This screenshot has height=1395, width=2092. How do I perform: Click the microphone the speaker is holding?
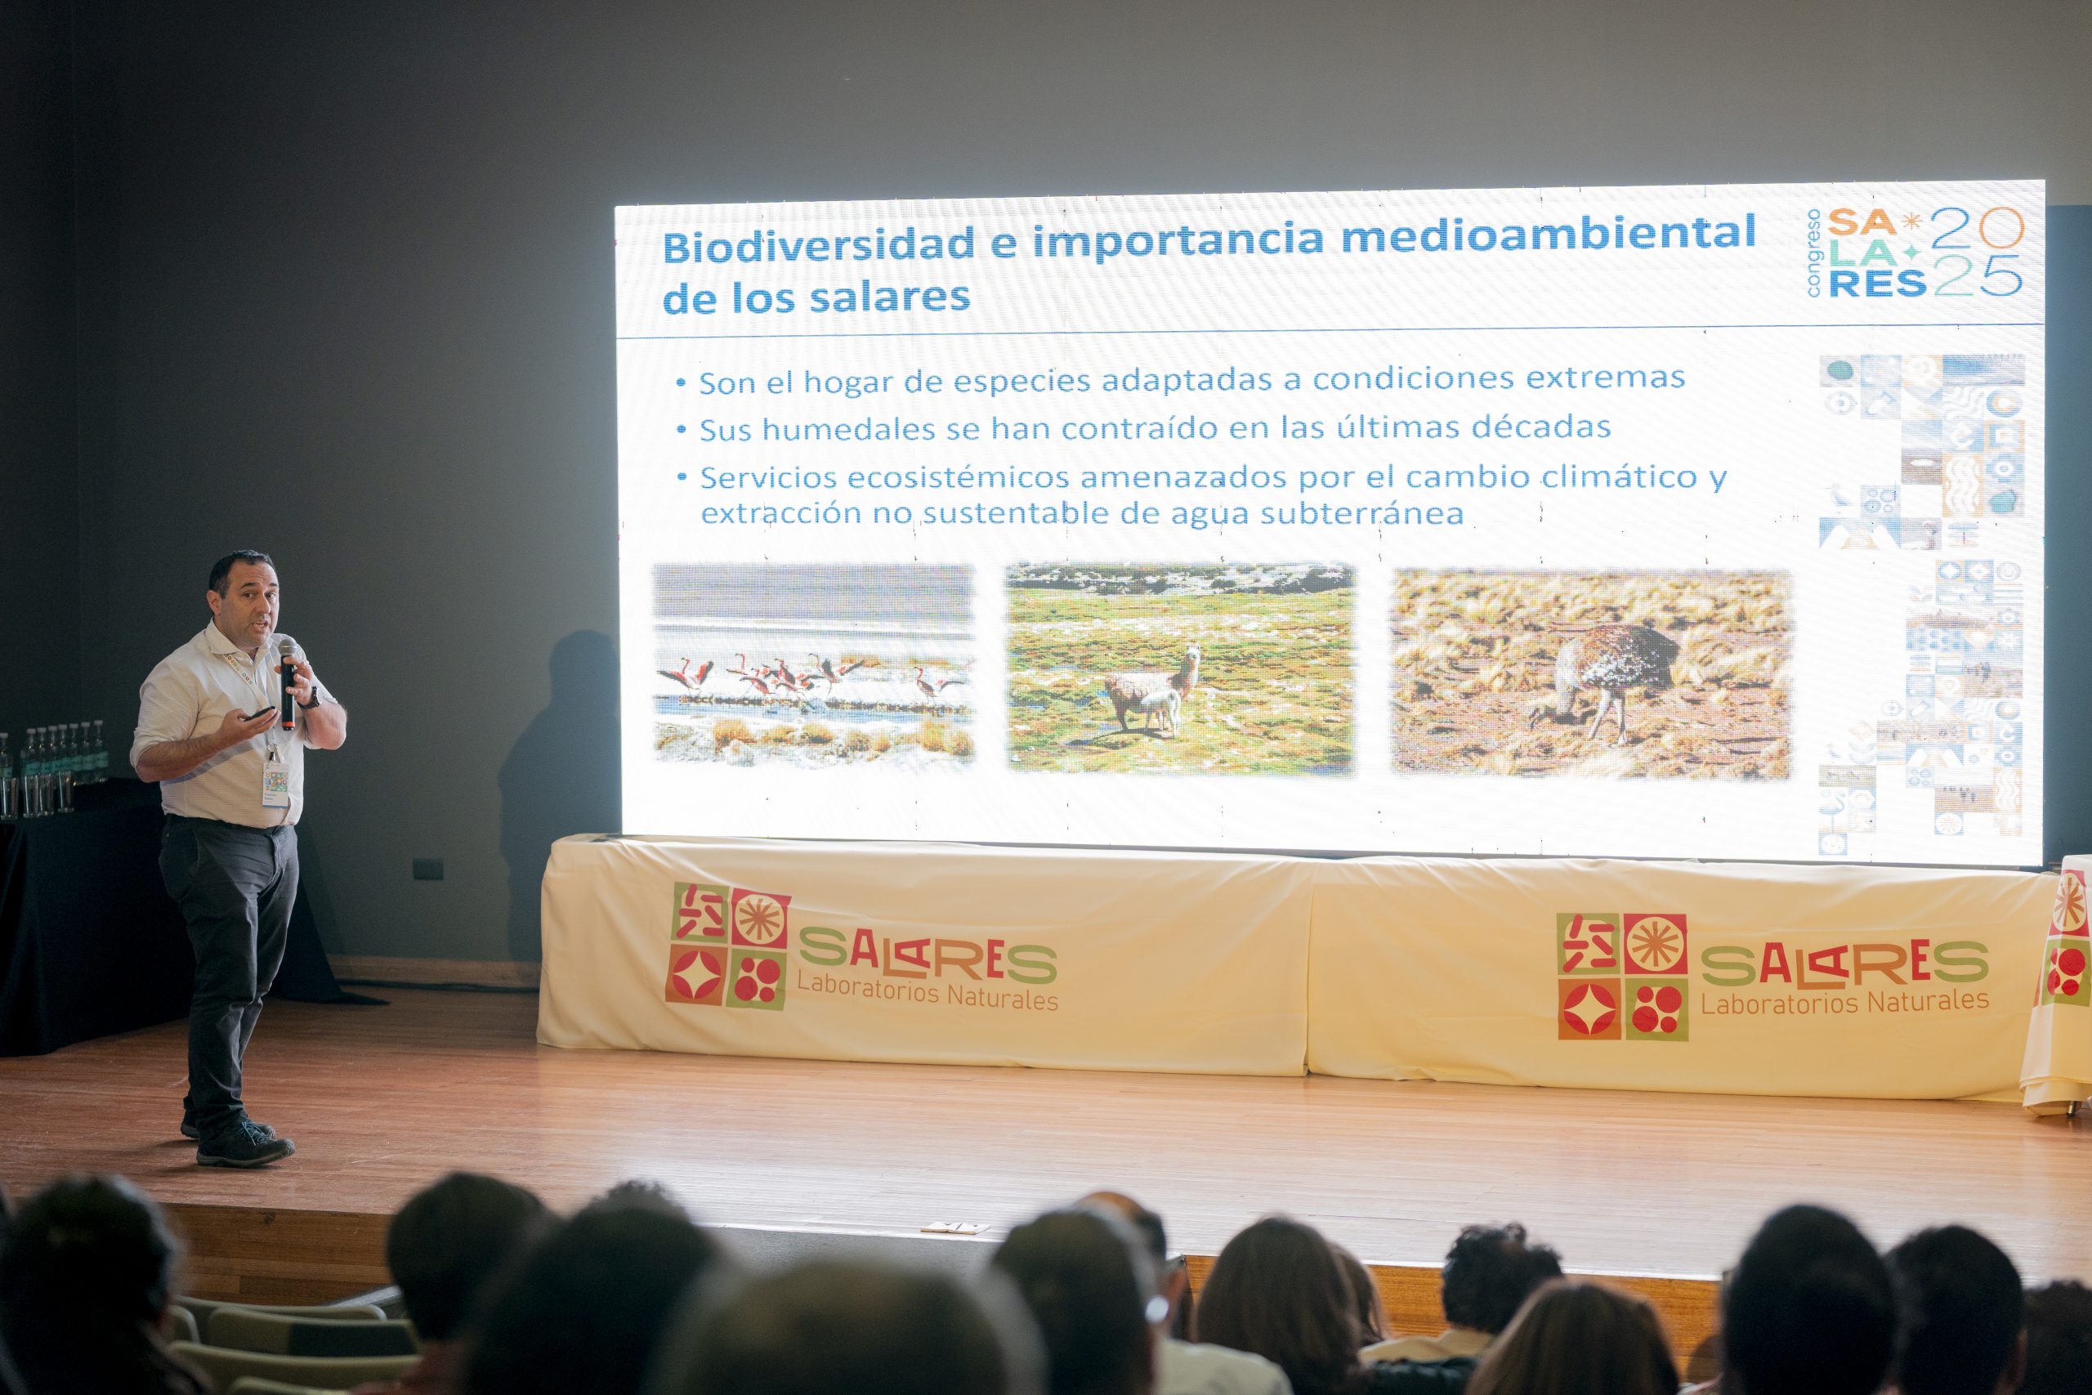pyautogui.click(x=288, y=683)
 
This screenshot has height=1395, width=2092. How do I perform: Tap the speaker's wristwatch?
pyautogui.click(x=309, y=700)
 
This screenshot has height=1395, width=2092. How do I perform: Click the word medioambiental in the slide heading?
pyautogui.click(x=1548, y=235)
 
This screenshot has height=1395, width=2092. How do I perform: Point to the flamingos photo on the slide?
pyautogui.click(x=815, y=665)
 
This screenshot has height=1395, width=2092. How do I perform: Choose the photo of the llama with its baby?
pyautogui.click(x=1180, y=668)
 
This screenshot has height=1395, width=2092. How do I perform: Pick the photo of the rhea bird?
pyautogui.click(x=1591, y=674)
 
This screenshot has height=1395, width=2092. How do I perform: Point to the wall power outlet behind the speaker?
pyautogui.click(x=429, y=866)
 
